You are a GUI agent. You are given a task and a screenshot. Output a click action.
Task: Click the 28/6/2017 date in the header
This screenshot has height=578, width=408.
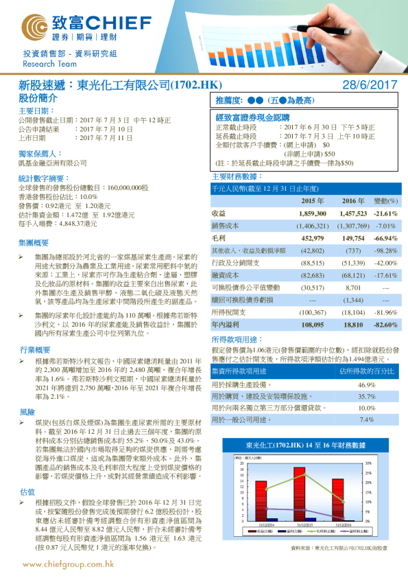(x=370, y=84)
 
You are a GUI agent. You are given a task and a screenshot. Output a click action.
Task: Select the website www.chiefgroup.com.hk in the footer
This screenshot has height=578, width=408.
(x=68, y=564)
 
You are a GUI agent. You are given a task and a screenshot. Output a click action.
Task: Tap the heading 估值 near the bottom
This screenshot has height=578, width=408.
(x=27, y=472)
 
